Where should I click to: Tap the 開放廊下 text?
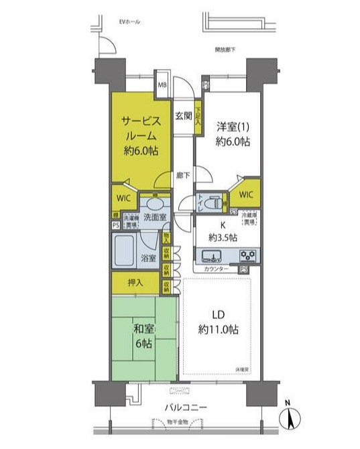click(x=225, y=50)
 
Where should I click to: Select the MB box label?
click(x=162, y=85)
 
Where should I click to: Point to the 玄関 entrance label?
click(x=183, y=115)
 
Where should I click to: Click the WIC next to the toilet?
click(x=246, y=195)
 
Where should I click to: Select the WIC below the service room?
click(x=124, y=198)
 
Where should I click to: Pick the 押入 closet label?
click(x=135, y=282)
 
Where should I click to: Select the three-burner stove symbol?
click(x=247, y=255)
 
